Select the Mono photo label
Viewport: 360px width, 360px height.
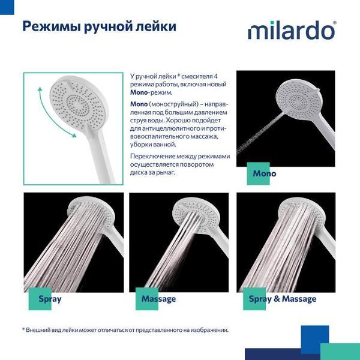coord(264,174)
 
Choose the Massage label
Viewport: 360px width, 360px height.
coord(158,298)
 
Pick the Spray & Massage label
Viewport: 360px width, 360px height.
coord(282,298)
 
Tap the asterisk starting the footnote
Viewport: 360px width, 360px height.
coord(24,329)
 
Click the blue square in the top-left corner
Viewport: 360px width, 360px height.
coord(3,3)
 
